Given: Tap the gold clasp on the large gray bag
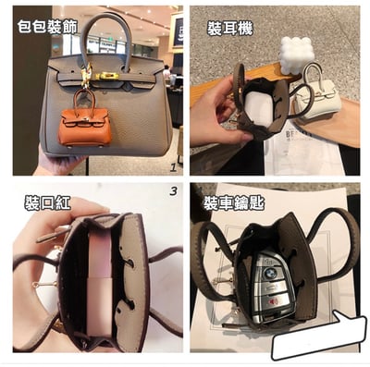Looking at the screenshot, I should point(108,76).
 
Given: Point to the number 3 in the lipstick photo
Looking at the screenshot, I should point(173,191).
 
